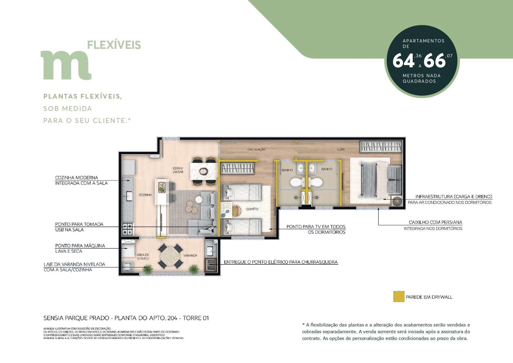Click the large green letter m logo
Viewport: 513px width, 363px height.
pyautogui.click(x=66, y=65)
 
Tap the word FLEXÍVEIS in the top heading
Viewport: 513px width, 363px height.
pyautogui.click(x=114, y=45)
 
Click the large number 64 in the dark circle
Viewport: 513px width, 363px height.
pyautogui.click(x=403, y=61)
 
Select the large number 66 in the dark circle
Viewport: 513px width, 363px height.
pyautogui.click(x=434, y=61)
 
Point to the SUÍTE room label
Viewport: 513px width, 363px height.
pyautogui.click(x=341, y=149)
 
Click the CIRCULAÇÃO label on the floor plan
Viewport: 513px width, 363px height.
pyautogui.click(x=256, y=149)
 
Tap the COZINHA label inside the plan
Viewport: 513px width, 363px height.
pyautogui.click(x=145, y=195)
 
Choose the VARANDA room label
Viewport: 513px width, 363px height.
pyautogui.click(x=190, y=255)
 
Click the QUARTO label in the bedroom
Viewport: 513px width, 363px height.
pyautogui.click(x=252, y=209)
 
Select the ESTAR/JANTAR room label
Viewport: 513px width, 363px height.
pyautogui.click(x=178, y=170)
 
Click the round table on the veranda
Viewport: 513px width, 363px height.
pyautogui.click(x=170, y=257)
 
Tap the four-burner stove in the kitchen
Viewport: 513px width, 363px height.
pyautogui.click(x=128, y=229)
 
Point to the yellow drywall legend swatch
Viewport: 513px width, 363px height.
pyautogui.click(x=399, y=297)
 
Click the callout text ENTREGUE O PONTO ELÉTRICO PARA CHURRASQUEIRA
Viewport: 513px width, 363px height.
pyautogui.click(x=281, y=262)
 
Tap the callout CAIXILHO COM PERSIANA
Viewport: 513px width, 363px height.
pyautogui.click(x=435, y=222)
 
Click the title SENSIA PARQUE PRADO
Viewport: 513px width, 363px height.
pyautogui.click(x=76, y=318)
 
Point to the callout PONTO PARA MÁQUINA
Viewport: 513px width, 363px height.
pyautogui.click(x=80, y=246)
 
